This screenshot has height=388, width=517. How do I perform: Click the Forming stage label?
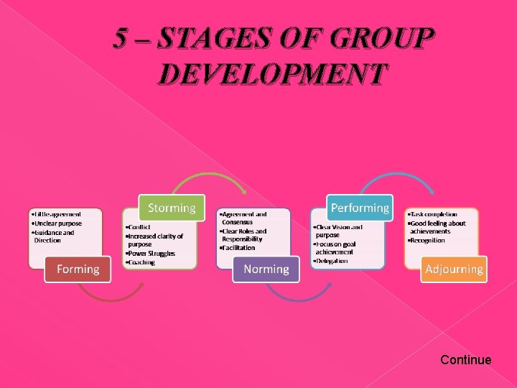click(x=78, y=269)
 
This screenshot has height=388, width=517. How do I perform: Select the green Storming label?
click(x=172, y=208)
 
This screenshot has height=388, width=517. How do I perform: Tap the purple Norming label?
click(x=266, y=269)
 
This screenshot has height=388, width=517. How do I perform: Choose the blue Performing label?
click(x=360, y=208)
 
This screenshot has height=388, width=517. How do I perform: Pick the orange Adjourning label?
click(x=454, y=269)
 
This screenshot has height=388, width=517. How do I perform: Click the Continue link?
click(x=465, y=360)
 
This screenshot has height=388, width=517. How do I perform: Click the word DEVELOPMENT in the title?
click(x=274, y=74)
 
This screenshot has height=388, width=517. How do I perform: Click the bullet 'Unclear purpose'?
click(x=57, y=223)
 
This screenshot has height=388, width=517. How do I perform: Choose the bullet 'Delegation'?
click(x=331, y=261)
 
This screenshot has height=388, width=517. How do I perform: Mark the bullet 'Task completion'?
click(x=432, y=214)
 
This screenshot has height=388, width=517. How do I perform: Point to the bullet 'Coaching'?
click(x=141, y=262)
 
